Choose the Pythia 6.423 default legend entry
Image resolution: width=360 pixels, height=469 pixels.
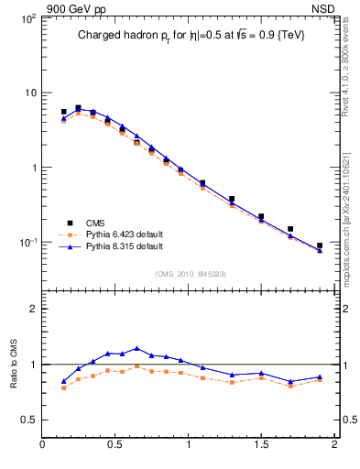click(125, 234)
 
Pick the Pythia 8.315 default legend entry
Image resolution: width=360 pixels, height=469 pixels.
click(125, 246)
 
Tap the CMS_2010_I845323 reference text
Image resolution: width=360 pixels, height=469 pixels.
click(190, 273)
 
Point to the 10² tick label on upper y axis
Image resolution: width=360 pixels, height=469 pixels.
click(27, 18)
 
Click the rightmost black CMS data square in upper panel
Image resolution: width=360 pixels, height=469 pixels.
click(320, 245)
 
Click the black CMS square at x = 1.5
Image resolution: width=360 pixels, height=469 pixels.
click(261, 217)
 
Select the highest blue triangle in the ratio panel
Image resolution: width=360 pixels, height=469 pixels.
click(136, 348)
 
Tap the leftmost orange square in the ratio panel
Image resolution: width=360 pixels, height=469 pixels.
click(63, 387)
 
